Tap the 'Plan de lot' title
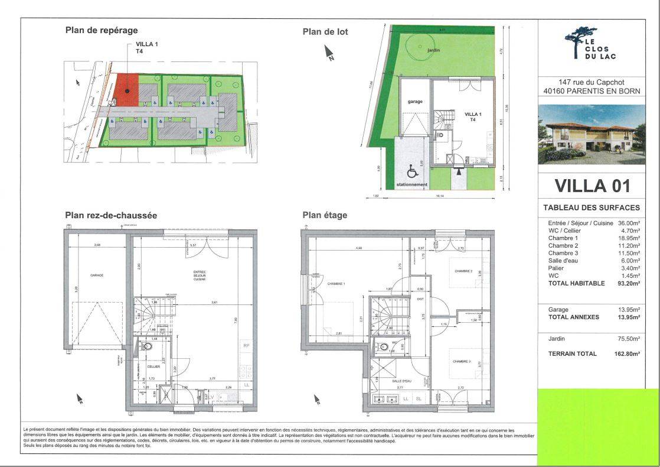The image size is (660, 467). coord(325,32)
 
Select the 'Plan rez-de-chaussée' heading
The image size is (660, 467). coord(110,216)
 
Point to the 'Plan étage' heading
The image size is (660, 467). coord(325,215)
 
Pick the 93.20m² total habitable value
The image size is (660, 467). coord(629,283)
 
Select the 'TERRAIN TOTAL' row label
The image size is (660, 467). coord(573,354)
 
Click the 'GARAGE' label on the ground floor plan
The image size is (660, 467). coord(97,275)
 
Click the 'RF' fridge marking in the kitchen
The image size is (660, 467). coord(246,346)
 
